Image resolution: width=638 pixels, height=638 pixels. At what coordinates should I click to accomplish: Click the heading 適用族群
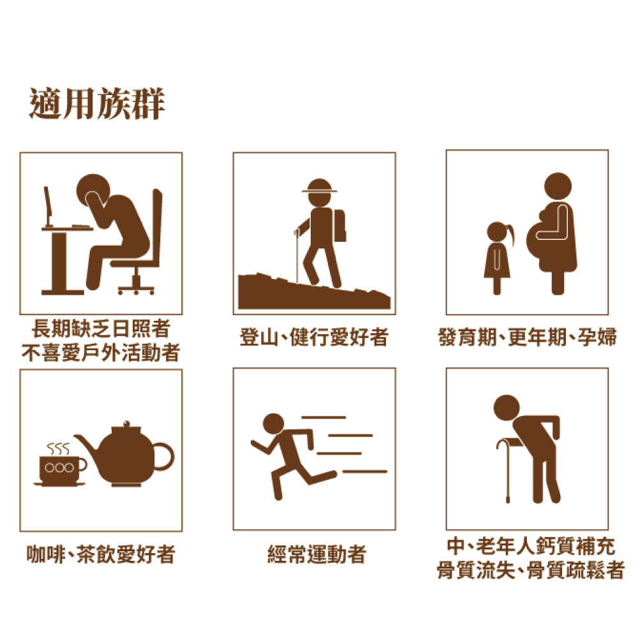coord(97,103)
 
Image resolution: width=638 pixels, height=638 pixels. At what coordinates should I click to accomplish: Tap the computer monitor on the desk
coord(48,206)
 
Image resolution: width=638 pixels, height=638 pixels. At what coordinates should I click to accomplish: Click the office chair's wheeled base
coord(137,286)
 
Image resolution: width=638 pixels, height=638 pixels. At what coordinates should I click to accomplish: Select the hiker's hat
coord(320,186)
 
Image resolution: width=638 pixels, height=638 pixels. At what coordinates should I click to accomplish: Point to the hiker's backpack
coord(340,225)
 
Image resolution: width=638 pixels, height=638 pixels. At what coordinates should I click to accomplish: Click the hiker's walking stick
coord(297,256)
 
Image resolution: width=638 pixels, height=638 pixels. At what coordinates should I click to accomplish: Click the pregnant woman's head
coord(558,186)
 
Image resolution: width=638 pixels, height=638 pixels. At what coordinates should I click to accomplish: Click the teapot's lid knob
coord(126,424)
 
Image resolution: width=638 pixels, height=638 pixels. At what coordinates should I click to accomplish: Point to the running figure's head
coord(274,424)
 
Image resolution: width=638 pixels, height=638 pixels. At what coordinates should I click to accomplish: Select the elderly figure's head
coord(507,408)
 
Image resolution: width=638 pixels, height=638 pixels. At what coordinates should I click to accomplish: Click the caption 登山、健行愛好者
coord(314,337)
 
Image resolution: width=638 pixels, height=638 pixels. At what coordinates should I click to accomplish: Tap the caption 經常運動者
coord(316,554)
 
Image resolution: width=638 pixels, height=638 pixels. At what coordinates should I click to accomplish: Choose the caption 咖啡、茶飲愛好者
coord(101,554)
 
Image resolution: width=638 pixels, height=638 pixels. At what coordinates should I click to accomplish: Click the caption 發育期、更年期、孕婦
coord(528,337)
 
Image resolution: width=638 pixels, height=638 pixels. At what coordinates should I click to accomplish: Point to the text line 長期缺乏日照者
coord(101,329)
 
